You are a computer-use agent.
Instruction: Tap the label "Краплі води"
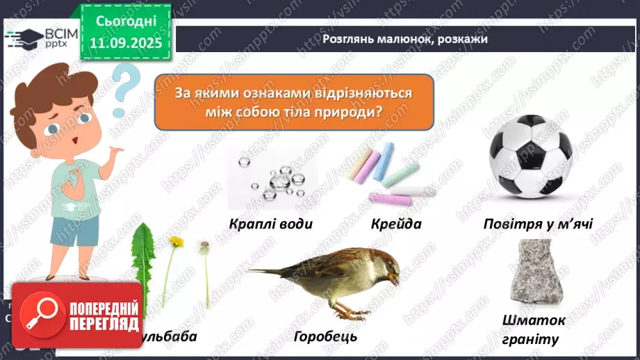(272, 224)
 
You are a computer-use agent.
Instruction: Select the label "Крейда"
(396, 224)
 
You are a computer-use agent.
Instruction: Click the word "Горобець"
(325, 336)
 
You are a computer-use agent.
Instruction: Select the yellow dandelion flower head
(177, 242)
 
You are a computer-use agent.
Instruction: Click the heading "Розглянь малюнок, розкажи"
(405, 39)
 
